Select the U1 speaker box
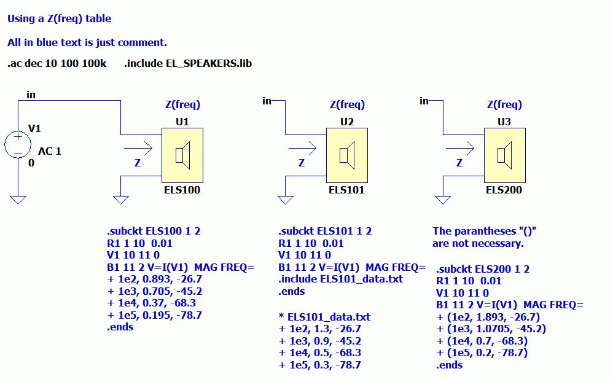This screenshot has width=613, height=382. pyautogui.click(x=182, y=155)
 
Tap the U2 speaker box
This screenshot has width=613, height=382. pyautogui.click(x=346, y=155)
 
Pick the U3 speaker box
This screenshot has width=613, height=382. pyautogui.click(x=504, y=155)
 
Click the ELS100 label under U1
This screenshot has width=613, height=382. pyautogui.click(x=182, y=190)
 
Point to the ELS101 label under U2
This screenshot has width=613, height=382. pyautogui.click(x=346, y=190)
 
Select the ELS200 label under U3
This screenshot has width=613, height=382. pyautogui.click(x=504, y=190)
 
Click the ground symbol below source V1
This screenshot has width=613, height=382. pyautogui.click(x=18, y=199)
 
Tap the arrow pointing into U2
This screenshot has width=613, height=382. pyautogui.click(x=302, y=147)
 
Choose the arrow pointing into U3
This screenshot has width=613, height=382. pyautogui.click(x=459, y=147)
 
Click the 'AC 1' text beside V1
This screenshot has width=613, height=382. pyautogui.click(x=50, y=151)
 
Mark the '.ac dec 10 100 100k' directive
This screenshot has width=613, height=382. pyautogui.click(x=57, y=64)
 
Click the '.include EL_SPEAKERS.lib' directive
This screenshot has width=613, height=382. pyautogui.click(x=188, y=64)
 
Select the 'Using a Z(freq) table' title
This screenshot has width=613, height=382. pyautogui.click(x=60, y=18)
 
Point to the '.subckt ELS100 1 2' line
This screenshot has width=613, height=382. pyautogui.click(x=154, y=232)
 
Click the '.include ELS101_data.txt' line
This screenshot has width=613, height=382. pyautogui.click(x=341, y=279)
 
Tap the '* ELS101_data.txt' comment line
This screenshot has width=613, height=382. pyautogui.click(x=324, y=318)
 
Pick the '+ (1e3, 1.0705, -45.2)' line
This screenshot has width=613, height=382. pyautogui.click(x=491, y=329)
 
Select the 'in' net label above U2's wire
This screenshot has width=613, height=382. pyautogui.click(x=267, y=100)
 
